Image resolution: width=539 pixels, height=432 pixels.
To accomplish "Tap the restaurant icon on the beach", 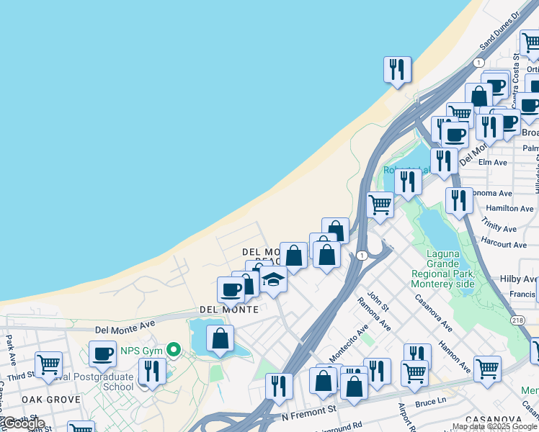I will [397, 70].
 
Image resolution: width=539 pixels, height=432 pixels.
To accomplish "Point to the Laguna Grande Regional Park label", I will [442, 269].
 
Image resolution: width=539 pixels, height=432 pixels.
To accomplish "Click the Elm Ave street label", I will [494, 163].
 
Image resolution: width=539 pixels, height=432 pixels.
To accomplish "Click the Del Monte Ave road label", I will [125, 328].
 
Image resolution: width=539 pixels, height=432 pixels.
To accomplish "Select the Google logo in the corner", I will [23, 424].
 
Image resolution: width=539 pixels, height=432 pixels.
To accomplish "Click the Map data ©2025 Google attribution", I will [494, 427].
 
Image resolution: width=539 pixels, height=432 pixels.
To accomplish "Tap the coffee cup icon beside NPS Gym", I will [102, 354].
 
